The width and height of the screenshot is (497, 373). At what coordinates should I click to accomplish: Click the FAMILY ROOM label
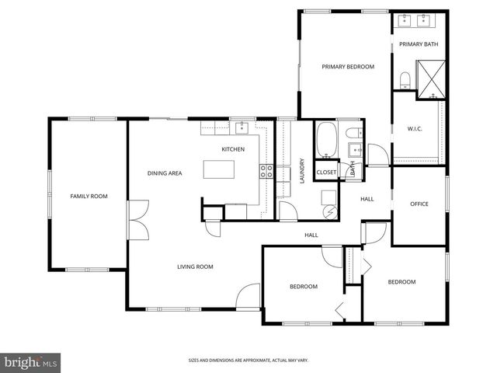(x=89, y=197)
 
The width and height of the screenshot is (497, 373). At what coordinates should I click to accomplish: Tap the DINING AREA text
(x=165, y=173)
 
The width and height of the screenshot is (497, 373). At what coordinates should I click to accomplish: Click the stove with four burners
(x=267, y=172)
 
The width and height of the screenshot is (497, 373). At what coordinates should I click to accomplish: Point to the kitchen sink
(x=241, y=128)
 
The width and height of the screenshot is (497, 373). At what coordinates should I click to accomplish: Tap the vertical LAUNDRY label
(x=301, y=172)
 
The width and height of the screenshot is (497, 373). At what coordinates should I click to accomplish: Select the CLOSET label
(x=326, y=173)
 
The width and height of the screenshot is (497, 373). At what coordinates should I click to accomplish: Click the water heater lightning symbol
(x=329, y=210)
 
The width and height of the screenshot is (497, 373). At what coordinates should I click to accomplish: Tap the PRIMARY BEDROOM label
(x=348, y=67)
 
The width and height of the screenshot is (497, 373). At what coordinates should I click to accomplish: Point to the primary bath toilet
(x=405, y=80)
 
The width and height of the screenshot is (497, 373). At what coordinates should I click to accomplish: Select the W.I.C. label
(x=414, y=130)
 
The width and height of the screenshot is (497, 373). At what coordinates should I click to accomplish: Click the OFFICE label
(x=419, y=204)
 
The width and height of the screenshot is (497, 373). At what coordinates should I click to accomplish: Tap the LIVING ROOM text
(x=195, y=267)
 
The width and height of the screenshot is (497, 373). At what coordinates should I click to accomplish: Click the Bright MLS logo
(x=30, y=362)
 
